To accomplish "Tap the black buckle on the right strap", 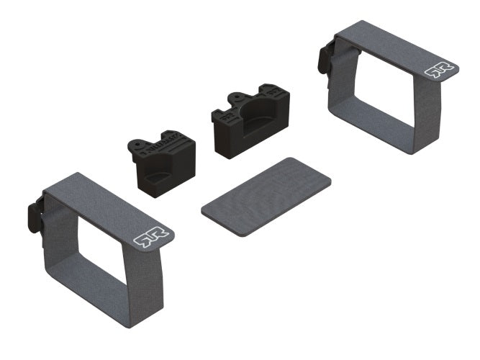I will pyautogui.click(x=325, y=58).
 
